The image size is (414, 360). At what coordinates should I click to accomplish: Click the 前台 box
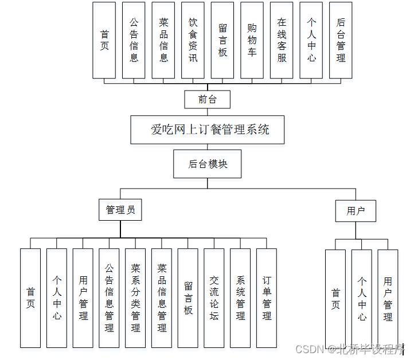point(207,99)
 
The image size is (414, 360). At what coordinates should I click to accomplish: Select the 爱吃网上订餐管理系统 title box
point(210,130)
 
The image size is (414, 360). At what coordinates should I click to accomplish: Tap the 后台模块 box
point(208,164)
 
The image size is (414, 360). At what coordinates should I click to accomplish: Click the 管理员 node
point(120,210)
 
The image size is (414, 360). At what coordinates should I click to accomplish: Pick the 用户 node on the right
point(356,211)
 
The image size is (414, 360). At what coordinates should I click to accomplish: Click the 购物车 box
point(252,40)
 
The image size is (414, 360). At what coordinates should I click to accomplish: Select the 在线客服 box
point(282,40)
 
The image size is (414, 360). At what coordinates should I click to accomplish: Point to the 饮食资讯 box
point(193,40)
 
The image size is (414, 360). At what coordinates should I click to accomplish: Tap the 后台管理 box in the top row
point(341,40)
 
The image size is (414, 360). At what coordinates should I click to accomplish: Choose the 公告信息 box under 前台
point(134,40)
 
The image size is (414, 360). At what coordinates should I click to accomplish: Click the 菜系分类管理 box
point(135,298)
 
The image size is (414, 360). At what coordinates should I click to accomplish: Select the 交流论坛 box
point(214,298)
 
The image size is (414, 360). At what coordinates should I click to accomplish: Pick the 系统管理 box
point(240,298)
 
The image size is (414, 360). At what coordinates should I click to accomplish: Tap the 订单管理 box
point(267,298)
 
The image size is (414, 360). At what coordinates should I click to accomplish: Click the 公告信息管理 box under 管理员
point(109,298)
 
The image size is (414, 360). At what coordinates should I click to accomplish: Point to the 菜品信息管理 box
point(162,298)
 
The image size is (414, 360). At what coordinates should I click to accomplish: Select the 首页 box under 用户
point(335,299)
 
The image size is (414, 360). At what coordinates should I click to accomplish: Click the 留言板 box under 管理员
point(188,298)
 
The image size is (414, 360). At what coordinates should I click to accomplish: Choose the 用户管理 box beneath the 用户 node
point(388,299)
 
